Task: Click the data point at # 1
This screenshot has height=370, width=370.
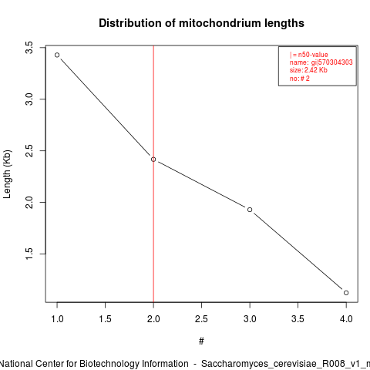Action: pos(57,55)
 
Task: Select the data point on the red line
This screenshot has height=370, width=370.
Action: pos(153,160)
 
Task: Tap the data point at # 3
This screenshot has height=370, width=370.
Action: pos(250,210)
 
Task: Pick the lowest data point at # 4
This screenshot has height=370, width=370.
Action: pos(346,293)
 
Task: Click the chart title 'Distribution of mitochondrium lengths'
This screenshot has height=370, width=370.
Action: pos(201,23)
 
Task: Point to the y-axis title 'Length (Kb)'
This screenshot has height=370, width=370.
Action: pos(7,174)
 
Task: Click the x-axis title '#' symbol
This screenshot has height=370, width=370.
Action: pos(201,341)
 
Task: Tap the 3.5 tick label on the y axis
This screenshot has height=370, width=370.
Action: pos(29,48)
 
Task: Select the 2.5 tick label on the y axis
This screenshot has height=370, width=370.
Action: pos(29,151)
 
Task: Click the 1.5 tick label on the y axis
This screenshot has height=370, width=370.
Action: pos(29,254)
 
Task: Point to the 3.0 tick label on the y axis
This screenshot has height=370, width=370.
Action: pos(29,99)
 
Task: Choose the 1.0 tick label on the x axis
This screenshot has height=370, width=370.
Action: pos(57,319)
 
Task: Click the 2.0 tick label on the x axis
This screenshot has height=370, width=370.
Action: pos(153,319)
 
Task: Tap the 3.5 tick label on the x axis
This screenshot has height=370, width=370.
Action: pos(298,319)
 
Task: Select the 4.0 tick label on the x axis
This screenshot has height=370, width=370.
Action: pos(346,319)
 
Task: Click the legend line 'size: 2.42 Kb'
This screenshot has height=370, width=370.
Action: pos(308,70)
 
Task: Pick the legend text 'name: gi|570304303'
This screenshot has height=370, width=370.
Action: pos(321,62)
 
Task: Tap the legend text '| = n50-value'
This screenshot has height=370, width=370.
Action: pos(309,55)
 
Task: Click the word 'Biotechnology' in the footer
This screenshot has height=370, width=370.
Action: pos(109,364)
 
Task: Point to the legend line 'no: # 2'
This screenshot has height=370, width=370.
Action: pos(300,79)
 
